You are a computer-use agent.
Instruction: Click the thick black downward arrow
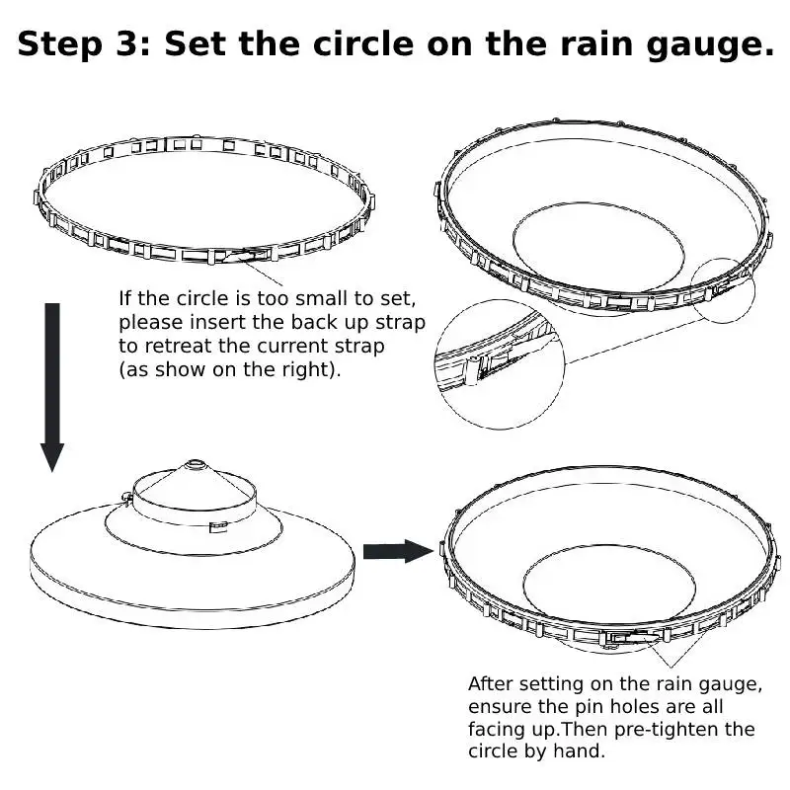[x=52, y=385]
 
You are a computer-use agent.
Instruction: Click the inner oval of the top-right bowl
[x=597, y=247]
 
